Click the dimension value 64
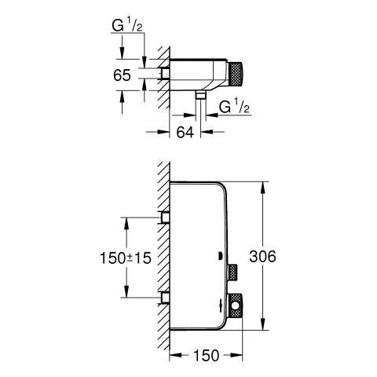[x=185, y=133]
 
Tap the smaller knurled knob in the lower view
[x=232, y=272]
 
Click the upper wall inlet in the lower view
[x=165, y=217]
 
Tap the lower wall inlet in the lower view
[x=165, y=298]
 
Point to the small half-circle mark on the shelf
[x=219, y=255]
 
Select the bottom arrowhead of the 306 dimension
[x=262, y=328]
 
